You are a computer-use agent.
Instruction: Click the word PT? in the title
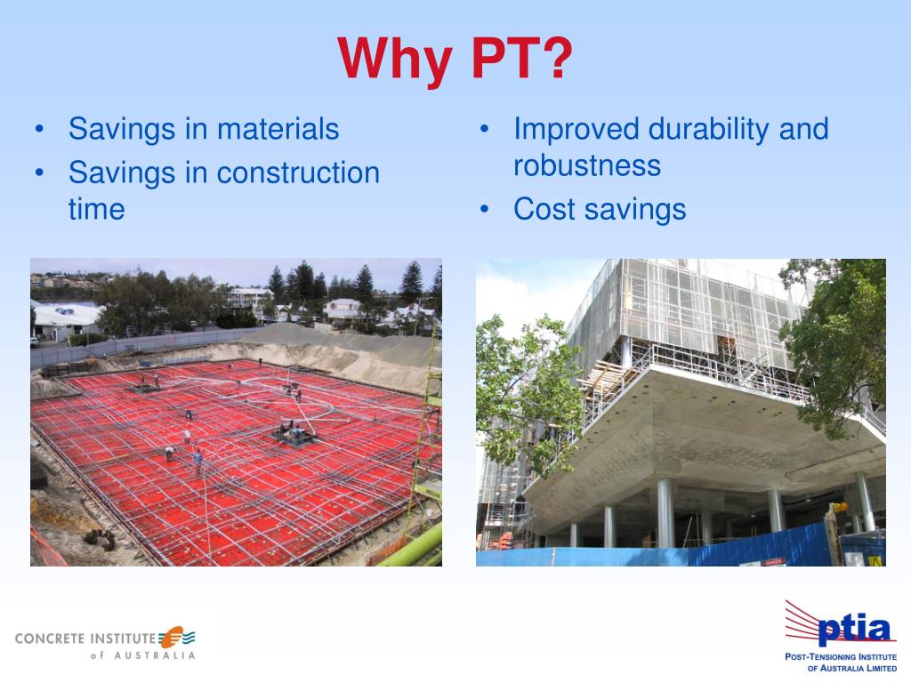[521, 58]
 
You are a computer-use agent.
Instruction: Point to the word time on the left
[96, 209]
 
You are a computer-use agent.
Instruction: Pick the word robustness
[587, 165]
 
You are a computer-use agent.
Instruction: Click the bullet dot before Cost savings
[485, 210]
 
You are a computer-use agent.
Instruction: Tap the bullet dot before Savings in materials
[39, 129]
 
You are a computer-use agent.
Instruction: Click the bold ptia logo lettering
[853, 629]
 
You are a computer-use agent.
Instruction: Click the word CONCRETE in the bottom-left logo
[50, 639]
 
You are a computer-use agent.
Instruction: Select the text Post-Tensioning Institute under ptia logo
[841, 657]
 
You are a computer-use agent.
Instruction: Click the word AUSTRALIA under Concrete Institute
[154, 655]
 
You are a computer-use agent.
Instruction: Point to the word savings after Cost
[635, 210]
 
